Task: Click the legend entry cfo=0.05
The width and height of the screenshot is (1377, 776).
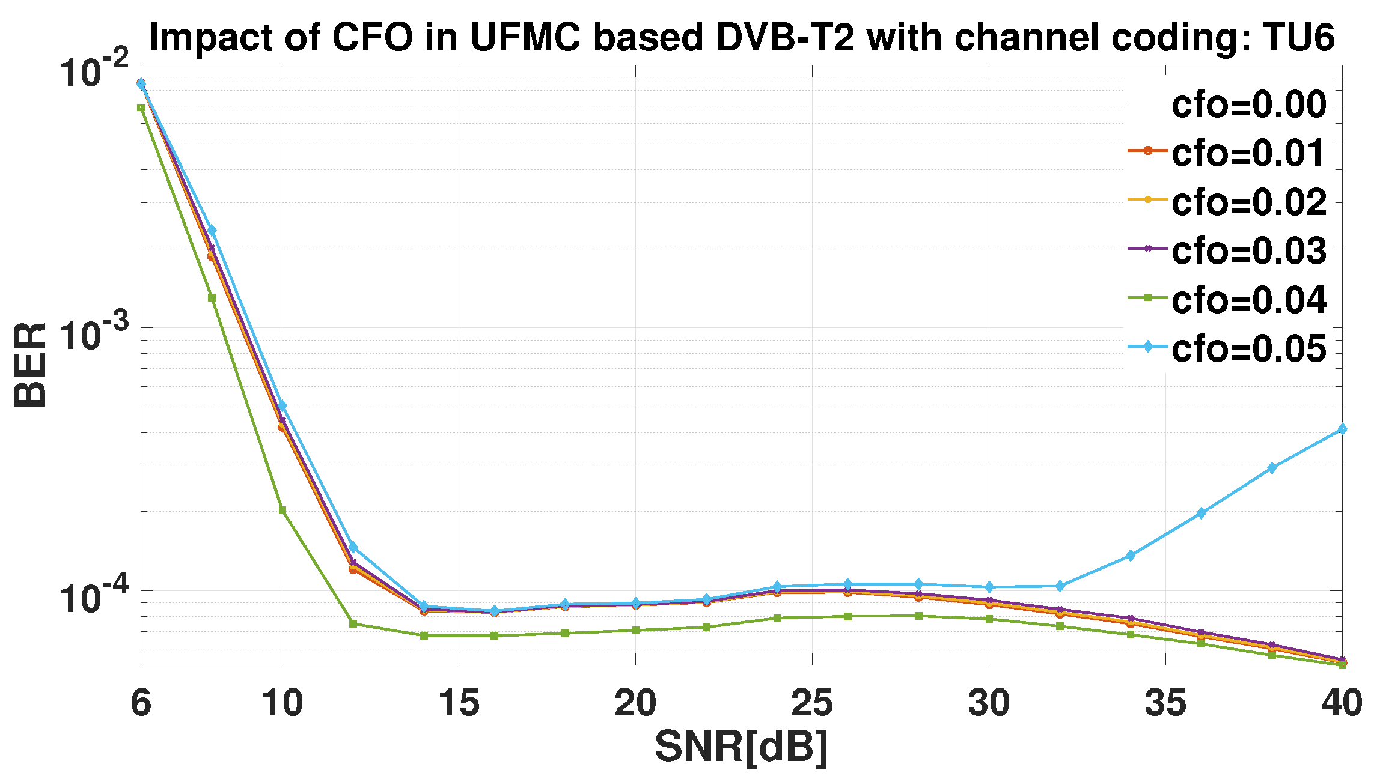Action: [1248, 348]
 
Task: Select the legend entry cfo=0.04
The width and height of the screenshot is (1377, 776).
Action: [1248, 300]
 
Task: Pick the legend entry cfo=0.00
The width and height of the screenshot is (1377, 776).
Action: [1248, 104]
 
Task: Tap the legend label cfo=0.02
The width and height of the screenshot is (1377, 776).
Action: [1248, 202]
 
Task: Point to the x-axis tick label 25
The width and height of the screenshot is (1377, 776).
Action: [812, 703]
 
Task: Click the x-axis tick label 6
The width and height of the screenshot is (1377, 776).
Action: [141, 703]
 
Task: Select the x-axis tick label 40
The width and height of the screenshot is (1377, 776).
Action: [1342, 703]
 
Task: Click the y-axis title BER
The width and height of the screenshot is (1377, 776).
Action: [30, 365]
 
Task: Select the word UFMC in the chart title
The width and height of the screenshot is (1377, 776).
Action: [525, 37]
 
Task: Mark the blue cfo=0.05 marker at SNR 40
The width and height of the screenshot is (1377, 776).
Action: [1342, 429]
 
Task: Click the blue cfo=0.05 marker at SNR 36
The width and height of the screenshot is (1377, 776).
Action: [1201, 513]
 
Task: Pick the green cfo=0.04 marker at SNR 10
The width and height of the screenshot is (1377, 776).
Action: [282, 511]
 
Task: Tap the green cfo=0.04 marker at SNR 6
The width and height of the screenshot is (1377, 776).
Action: [141, 108]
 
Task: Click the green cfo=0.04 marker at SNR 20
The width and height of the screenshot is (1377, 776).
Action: [635, 630]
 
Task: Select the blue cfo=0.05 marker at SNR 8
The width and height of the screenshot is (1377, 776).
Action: [212, 231]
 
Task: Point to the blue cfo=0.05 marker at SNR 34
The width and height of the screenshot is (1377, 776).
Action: [1130, 556]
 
